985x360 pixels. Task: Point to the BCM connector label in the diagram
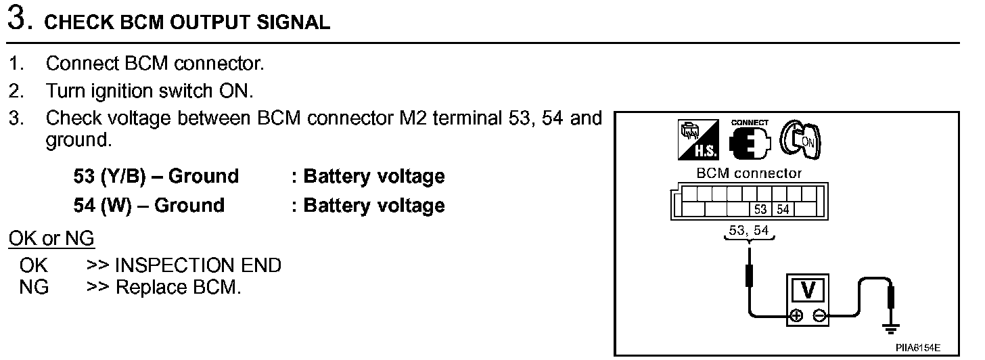point(748,173)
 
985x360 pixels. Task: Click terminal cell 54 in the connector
point(782,209)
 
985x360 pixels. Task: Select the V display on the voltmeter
point(807,291)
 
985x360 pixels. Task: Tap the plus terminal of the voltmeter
point(796,315)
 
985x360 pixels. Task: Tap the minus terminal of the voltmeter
point(819,315)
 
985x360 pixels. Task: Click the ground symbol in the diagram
point(892,330)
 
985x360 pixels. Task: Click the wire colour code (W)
point(116,205)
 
